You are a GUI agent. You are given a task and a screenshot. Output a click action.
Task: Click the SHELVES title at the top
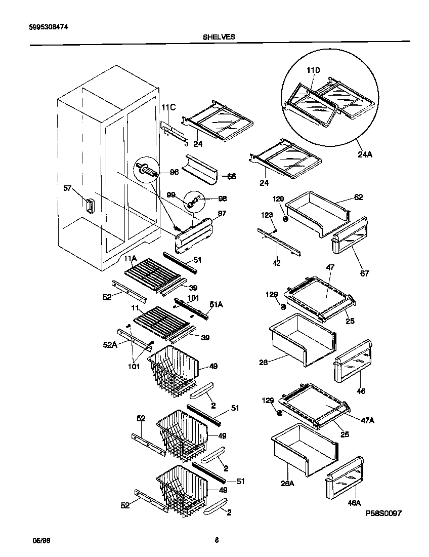[219, 36]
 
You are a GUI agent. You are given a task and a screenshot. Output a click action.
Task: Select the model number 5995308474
[47, 28]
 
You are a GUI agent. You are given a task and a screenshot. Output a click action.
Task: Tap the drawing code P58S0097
[383, 513]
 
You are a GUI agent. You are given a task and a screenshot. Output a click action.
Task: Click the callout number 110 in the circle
[314, 70]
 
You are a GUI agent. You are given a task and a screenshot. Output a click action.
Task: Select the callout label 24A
[365, 154]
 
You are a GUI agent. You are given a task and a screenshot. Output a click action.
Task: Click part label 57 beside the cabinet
[67, 188]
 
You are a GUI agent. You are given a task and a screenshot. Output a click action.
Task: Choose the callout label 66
[231, 176]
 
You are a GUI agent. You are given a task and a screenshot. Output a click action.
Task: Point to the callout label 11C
[168, 107]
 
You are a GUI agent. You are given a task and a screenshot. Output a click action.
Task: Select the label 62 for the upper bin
[358, 197]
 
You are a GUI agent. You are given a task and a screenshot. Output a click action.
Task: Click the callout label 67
[364, 273]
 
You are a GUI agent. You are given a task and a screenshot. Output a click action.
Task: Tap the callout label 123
[267, 215]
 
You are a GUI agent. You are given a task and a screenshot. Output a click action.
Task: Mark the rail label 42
[277, 263]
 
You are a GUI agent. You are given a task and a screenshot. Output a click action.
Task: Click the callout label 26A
[288, 483]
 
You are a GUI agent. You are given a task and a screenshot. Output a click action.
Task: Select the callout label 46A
[355, 503]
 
